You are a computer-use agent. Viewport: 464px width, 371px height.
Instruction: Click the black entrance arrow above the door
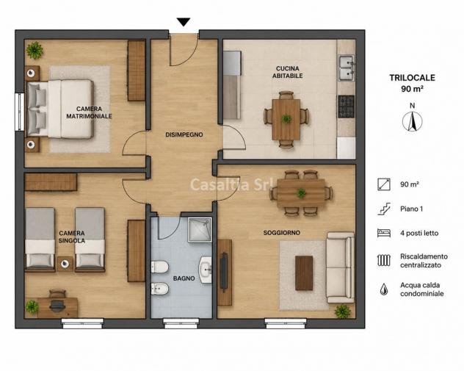(x=184, y=22)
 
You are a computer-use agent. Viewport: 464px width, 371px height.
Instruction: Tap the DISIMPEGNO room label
(x=184, y=134)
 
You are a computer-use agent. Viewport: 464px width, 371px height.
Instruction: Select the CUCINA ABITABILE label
(x=287, y=72)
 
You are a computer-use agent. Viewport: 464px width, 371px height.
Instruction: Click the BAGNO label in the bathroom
(x=184, y=278)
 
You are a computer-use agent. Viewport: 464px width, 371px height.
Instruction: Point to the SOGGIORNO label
(x=281, y=233)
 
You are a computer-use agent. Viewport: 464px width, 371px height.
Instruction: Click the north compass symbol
(x=412, y=121)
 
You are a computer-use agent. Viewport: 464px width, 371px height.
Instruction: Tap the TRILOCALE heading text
(x=412, y=78)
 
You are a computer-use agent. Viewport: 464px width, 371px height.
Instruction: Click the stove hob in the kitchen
(x=347, y=106)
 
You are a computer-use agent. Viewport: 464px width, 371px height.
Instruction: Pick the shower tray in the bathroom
(x=200, y=230)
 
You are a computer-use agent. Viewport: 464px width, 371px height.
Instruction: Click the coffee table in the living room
(x=304, y=273)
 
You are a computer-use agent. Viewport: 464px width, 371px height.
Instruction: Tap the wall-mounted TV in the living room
(x=224, y=272)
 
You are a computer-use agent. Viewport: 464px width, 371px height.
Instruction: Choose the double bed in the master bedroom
(x=61, y=109)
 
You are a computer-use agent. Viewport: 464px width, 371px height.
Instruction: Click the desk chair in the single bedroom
(x=57, y=300)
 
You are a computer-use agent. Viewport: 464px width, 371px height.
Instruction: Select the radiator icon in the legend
(x=384, y=260)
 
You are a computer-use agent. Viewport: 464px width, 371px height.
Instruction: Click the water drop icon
(x=384, y=289)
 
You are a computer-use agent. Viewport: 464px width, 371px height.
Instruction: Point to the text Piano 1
(x=412, y=209)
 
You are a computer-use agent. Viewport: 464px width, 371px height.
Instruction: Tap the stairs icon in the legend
(x=384, y=209)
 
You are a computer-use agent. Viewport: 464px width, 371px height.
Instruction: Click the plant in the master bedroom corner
(x=35, y=50)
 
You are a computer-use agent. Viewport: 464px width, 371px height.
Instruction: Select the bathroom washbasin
(x=205, y=270)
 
